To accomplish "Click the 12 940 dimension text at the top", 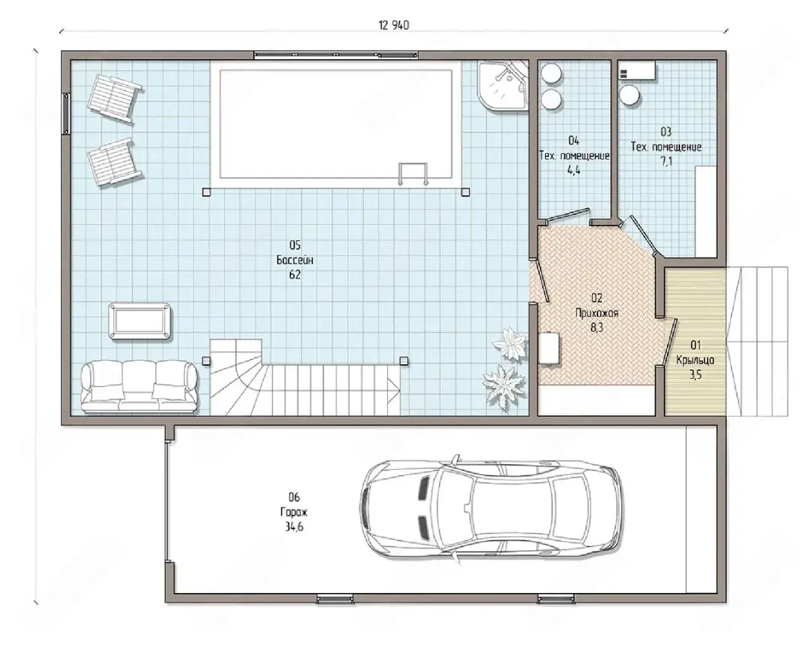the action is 393,25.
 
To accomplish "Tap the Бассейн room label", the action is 295,260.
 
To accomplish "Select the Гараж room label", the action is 293,513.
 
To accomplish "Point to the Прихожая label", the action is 597,313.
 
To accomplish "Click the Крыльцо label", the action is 695,360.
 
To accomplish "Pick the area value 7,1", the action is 667,162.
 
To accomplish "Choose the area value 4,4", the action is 574,170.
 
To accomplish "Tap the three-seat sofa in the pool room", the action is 139,387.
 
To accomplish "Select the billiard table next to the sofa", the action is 139,321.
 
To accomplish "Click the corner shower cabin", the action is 503,86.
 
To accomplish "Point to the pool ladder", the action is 412,174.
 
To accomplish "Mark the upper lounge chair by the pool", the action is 115,98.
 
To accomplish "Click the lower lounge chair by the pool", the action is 115,162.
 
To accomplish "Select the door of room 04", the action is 567,215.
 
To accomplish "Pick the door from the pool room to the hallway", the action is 540,281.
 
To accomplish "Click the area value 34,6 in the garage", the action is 294,527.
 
